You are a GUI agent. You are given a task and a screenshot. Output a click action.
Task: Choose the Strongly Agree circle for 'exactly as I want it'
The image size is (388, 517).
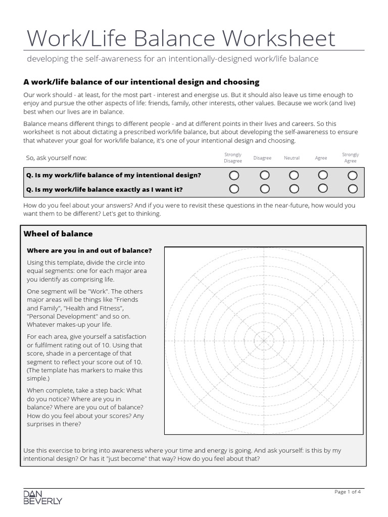point(353,189)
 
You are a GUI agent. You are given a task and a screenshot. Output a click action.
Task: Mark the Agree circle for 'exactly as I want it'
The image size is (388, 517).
point(322,189)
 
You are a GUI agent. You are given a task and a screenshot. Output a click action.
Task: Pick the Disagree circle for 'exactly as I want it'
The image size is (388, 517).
point(264,189)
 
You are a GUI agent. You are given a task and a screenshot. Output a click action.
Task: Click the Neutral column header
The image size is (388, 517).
point(292,158)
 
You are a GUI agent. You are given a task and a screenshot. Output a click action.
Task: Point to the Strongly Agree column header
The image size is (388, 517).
point(350,158)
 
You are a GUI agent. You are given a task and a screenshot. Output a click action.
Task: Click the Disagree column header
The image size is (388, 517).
point(262,158)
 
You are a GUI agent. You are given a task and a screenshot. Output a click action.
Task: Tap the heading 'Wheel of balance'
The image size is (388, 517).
point(59,234)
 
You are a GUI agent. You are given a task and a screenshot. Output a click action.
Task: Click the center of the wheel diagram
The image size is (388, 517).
point(263,340)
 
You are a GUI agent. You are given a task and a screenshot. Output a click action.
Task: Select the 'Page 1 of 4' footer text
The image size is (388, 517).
point(348,492)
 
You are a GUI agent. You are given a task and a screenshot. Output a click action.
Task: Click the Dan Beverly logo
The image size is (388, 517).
point(43,497)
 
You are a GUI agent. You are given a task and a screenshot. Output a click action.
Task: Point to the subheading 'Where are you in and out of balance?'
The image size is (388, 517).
point(89,250)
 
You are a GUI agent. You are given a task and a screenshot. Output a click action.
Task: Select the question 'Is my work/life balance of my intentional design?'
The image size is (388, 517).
point(114,175)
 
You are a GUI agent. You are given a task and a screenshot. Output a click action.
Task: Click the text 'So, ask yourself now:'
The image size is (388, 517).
point(57,158)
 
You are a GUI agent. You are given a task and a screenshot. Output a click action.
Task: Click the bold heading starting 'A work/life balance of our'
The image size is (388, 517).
point(141,82)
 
